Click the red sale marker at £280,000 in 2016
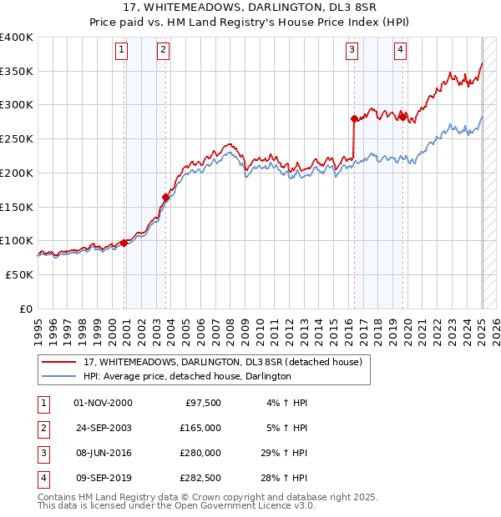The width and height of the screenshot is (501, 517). click(354, 118)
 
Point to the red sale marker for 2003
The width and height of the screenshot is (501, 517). click(165, 197)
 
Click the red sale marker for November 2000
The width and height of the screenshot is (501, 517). click(124, 243)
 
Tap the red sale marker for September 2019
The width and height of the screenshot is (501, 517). click(402, 116)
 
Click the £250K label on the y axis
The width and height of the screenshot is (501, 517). click(17, 138)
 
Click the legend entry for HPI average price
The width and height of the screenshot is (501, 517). click(187, 377)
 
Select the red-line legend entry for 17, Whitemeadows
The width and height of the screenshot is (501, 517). click(222, 363)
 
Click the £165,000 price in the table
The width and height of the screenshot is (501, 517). click(200, 428)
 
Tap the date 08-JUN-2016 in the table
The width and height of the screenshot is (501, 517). click(103, 453)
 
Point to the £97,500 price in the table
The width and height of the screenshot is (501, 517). click(203, 403)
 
